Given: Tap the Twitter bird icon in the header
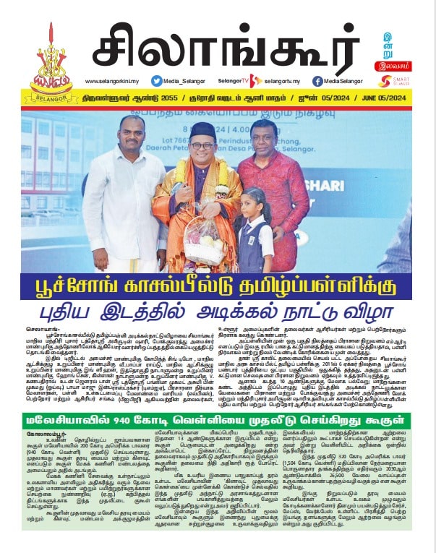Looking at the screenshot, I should [156, 82].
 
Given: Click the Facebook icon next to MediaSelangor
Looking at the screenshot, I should [317, 82].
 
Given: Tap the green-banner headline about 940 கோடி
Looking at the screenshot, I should [217, 421].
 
